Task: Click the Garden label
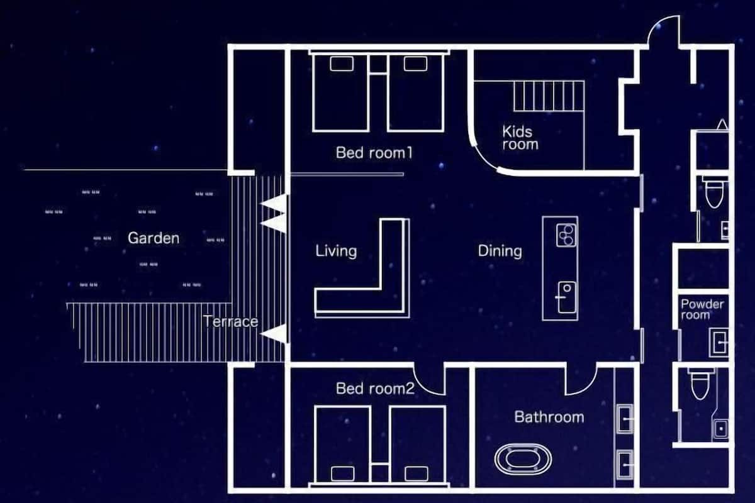pos(154,238)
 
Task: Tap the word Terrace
pos(231,321)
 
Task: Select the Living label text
pos(336,251)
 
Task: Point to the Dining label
pos(500,251)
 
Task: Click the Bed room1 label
pos(374,153)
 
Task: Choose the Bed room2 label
pos(375,389)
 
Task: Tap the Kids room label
pos(520,138)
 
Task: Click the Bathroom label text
pos(549,417)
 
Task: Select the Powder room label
pos(702,309)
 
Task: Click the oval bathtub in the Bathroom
pos(523,459)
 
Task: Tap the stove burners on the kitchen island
pos(566,235)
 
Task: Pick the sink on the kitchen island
pos(566,297)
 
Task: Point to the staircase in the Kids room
pos(549,96)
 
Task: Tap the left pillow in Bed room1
pos(342,64)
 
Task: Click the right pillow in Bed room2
pos(417,473)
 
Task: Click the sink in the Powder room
pos(719,342)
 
